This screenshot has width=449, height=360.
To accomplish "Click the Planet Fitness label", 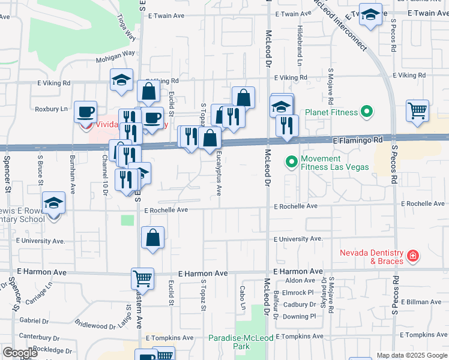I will [331, 112].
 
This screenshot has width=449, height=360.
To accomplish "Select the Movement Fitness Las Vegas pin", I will [292, 162].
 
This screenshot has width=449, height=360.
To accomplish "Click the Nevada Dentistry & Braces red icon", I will [412, 257].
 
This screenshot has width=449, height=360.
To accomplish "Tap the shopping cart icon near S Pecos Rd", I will [417, 110].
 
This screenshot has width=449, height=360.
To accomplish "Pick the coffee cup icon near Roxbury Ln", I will [85, 111].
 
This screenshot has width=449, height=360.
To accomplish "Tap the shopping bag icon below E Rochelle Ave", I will [153, 237].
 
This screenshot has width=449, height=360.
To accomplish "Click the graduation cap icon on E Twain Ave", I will [370, 15].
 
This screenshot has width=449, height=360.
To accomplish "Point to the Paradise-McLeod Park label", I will [241, 342].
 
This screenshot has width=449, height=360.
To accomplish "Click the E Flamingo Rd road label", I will [357, 139].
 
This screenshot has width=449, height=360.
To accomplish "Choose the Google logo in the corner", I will [19, 352].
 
